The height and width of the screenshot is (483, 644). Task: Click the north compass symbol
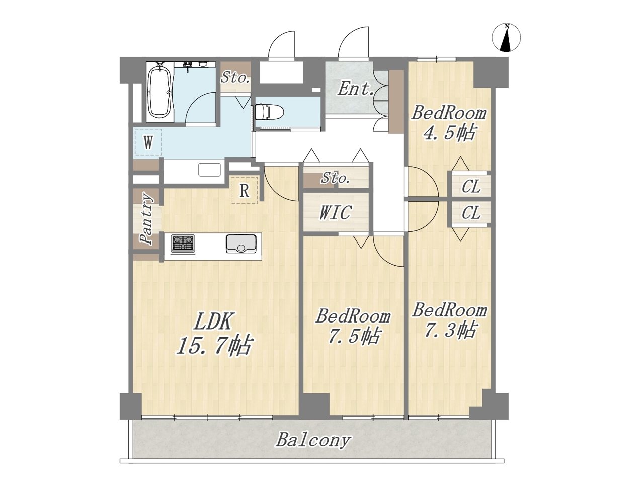click(506, 38)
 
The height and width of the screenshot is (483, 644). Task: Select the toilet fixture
click(269, 112)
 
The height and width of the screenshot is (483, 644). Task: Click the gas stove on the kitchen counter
click(183, 243)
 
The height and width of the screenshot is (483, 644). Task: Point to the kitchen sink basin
click(241, 244)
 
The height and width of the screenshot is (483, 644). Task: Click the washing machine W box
click(148, 143)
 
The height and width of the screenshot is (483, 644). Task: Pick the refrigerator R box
click(244, 190)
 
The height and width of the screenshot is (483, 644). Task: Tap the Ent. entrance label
click(355, 88)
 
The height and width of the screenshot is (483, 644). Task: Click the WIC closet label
click(336, 212)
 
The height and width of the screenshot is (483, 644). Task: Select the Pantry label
click(146, 218)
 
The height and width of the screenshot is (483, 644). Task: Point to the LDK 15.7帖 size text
click(214, 334)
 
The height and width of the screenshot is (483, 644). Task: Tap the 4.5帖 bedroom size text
click(449, 133)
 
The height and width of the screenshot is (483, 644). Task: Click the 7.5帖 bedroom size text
click(354, 336)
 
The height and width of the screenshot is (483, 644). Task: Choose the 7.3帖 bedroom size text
click(450, 330)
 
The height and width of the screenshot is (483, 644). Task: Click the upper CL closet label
click(471, 186)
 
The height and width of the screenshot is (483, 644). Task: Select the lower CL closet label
click(471, 213)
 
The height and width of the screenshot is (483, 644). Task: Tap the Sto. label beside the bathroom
click(235, 77)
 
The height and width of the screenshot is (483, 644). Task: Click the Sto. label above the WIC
click(336, 178)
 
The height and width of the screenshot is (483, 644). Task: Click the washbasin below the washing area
click(209, 170)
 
